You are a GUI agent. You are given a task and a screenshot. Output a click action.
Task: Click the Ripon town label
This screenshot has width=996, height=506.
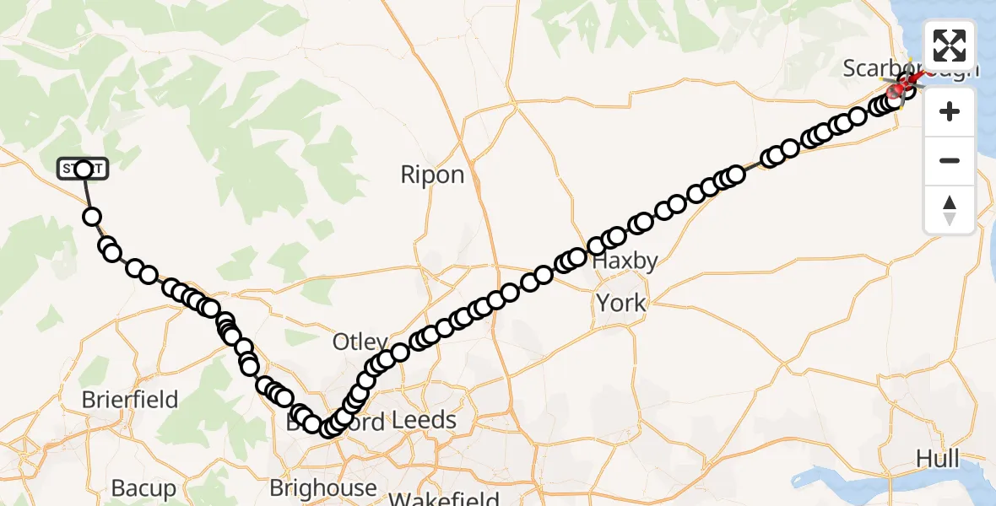[x=432, y=175]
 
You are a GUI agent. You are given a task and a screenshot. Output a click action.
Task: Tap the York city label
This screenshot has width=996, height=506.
[x=621, y=303]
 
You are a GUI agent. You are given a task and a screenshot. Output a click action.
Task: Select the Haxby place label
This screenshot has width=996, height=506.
[x=625, y=261]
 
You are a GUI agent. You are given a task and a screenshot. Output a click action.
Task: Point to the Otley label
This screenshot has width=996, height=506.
[x=360, y=342]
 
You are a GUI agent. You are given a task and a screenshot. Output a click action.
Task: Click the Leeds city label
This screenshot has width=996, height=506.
[x=425, y=420]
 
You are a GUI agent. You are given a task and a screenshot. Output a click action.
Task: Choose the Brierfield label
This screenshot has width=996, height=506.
[x=130, y=399]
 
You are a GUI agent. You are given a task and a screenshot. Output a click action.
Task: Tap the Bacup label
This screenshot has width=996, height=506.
[x=143, y=487]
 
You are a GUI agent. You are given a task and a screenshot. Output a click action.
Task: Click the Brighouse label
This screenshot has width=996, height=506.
[x=323, y=487]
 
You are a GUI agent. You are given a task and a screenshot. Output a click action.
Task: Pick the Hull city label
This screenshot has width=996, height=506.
[x=938, y=459]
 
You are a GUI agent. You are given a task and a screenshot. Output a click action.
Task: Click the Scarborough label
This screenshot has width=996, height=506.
[x=886, y=69]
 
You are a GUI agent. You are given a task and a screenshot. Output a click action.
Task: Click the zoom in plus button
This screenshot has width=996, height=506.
[x=950, y=111]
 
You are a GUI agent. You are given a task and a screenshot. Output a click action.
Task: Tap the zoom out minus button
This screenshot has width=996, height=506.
[x=950, y=160]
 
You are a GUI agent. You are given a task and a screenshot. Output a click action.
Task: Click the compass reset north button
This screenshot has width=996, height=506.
[x=950, y=209]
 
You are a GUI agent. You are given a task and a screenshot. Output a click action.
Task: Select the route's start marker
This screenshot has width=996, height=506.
[x=83, y=170]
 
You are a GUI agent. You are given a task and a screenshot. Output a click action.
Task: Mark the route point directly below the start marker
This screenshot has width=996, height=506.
[x=92, y=217]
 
